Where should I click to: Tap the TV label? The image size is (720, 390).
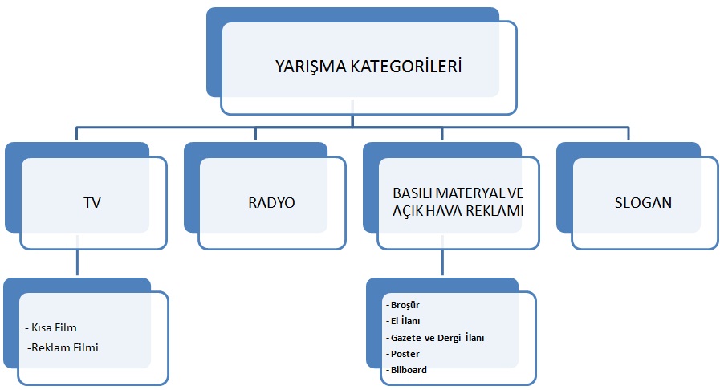point(93,203)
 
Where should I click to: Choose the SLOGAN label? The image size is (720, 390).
point(643,203)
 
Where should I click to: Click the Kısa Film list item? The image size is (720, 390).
point(53,328)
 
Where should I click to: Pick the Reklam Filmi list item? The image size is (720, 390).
point(62,347)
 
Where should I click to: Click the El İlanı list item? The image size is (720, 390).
point(405,321)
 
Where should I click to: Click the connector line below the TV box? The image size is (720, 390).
point(77,263)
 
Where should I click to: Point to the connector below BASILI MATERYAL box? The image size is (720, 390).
point(443,263)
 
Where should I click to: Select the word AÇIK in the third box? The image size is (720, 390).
point(408,211)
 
